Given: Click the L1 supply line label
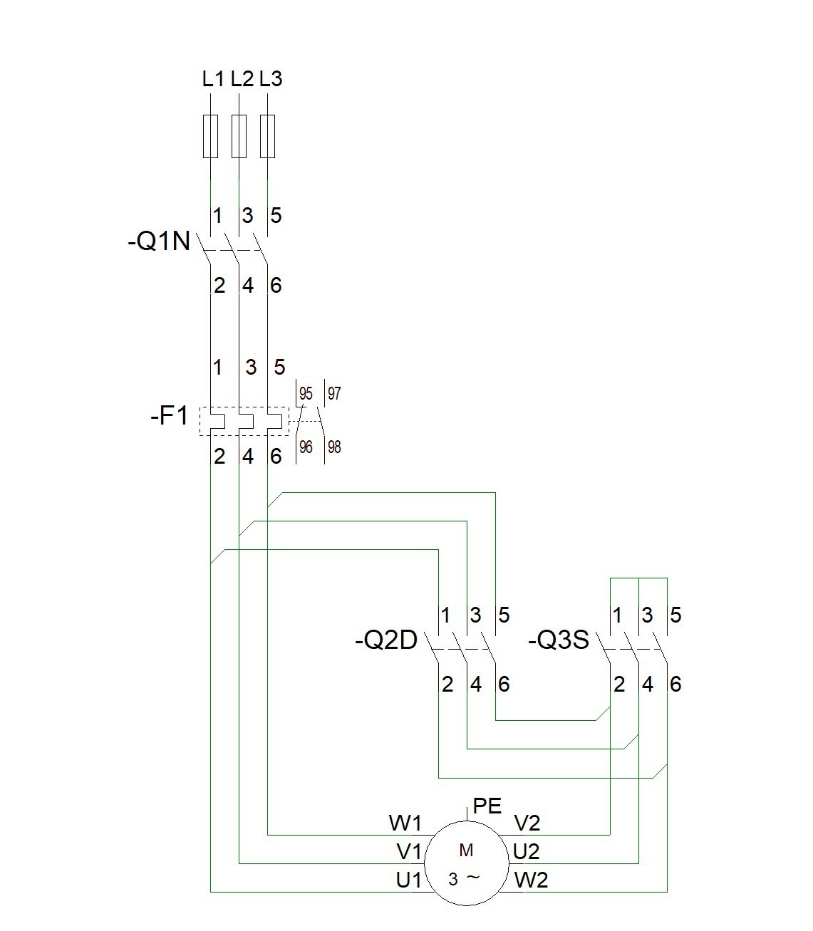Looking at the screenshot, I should [x=213, y=78].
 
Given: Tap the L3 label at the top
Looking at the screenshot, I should [x=271, y=78].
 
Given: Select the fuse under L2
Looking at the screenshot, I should [x=239, y=135].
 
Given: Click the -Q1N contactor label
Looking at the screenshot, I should [x=159, y=242].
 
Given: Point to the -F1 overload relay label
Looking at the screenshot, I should [x=170, y=415].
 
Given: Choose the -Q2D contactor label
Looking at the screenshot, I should [x=385, y=641].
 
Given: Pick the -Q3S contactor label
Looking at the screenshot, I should [x=559, y=641].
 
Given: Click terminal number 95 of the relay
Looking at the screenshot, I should [x=306, y=393].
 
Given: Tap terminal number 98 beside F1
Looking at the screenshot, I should [x=334, y=447].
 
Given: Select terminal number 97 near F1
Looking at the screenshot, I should [x=334, y=393].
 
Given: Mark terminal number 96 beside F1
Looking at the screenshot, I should [x=306, y=447].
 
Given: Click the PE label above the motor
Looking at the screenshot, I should [x=487, y=806].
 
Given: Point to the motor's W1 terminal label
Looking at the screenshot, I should [x=405, y=824].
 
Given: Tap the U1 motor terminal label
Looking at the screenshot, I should [x=409, y=880].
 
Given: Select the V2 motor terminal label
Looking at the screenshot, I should [x=527, y=824].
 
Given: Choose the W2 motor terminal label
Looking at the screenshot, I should [x=531, y=880].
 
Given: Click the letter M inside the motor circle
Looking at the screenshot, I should [x=467, y=850].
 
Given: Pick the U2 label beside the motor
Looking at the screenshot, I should [x=527, y=851].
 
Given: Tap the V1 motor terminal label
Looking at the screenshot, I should [x=409, y=851].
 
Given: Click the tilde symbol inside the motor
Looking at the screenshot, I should [x=473, y=878].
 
